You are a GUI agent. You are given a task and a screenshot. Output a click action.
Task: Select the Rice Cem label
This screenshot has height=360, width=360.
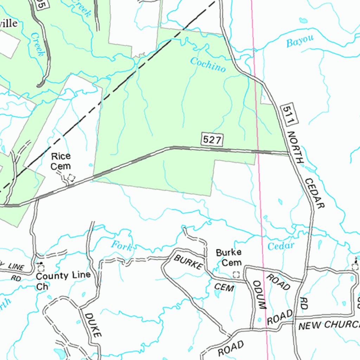coord(60,161)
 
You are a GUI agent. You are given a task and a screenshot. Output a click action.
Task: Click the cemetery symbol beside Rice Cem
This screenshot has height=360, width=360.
coord(71,178)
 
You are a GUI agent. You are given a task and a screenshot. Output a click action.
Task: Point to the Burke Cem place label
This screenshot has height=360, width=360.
coord(229,257)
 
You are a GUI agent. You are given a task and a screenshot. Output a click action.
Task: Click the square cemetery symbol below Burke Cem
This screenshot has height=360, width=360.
coord(237,274)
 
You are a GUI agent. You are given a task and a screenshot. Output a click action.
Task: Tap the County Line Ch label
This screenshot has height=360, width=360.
coord(63,280)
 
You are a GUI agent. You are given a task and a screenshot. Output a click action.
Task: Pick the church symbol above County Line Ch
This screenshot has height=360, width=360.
coord(41,268)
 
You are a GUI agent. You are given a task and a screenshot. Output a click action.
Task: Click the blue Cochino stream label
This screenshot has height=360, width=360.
coord(208,64)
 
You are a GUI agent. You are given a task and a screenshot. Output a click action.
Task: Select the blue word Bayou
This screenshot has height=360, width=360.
coord(300,41)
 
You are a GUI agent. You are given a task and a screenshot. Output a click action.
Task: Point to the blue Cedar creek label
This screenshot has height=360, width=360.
coord(281,246)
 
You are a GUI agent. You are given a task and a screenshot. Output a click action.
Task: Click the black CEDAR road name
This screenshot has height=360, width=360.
coord(314,193)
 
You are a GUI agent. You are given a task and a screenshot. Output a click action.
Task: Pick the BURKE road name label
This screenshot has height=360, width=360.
coord(188,262)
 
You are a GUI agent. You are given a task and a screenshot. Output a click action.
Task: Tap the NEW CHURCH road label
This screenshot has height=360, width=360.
coord(329,324)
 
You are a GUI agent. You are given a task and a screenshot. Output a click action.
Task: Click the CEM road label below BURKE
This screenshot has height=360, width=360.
coord(224,287)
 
